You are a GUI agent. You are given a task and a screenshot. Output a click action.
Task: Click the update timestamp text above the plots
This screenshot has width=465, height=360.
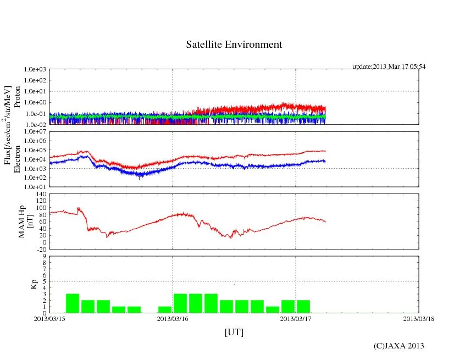click(x=389, y=67)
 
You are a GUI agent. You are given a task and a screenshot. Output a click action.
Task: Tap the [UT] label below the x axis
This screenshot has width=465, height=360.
click(x=234, y=332)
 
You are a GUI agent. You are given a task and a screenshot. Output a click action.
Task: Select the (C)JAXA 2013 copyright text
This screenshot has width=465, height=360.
click(x=398, y=346)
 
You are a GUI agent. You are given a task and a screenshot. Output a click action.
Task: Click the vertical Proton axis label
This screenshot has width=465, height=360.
click(x=17, y=97)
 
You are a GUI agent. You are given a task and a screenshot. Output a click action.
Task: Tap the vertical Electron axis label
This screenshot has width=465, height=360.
click(x=17, y=159)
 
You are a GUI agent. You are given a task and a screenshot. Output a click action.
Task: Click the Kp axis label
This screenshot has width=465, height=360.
click(x=23, y=285)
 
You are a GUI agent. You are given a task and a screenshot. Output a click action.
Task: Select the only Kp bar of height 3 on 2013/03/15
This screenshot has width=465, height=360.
click(x=73, y=303)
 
